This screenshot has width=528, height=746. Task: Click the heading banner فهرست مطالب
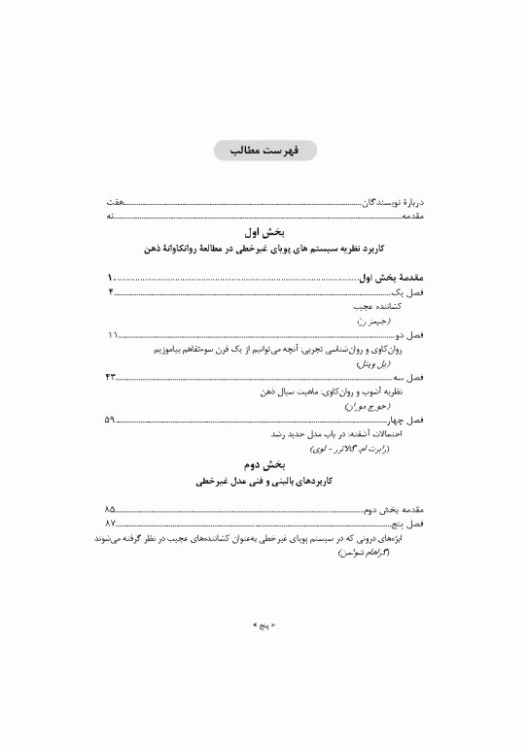click(264, 153)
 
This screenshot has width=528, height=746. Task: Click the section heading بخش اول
click(264, 232)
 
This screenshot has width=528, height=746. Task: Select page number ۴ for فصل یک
click(110, 291)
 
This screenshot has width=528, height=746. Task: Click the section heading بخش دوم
click(264, 465)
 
